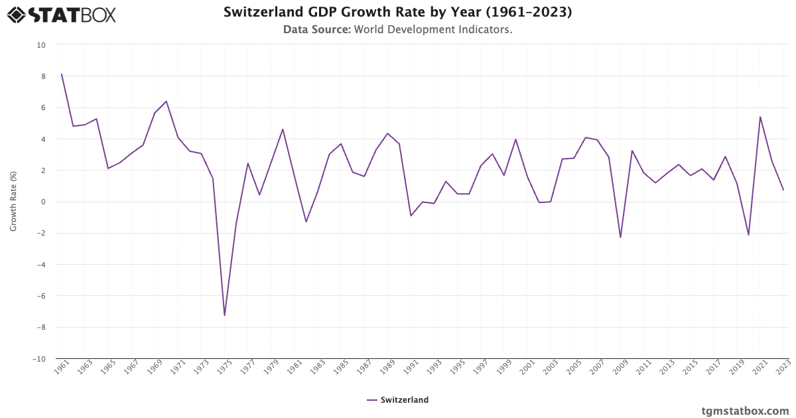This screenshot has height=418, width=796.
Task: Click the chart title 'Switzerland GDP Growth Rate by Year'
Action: (397, 12)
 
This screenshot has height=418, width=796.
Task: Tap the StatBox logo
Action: (62, 14)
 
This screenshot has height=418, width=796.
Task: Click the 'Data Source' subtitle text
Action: (397, 30)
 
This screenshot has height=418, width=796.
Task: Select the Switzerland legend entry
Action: (397, 400)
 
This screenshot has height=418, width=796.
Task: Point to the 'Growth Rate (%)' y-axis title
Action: (13, 202)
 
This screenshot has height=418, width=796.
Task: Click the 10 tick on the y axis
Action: (41, 45)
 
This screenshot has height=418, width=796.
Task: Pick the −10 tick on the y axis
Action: (39, 359)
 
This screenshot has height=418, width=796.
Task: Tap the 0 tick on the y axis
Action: (43, 202)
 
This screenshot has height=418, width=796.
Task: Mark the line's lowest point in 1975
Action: (224, 315)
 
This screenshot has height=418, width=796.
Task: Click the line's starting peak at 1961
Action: (62, 74)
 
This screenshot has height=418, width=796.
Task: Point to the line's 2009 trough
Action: (620, 238)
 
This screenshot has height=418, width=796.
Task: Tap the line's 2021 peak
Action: (760, 117)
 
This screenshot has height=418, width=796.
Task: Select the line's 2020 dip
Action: (748, 235)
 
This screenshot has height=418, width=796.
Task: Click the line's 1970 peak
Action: (166, 102)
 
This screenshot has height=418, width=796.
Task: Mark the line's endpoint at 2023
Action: (783, 190)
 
